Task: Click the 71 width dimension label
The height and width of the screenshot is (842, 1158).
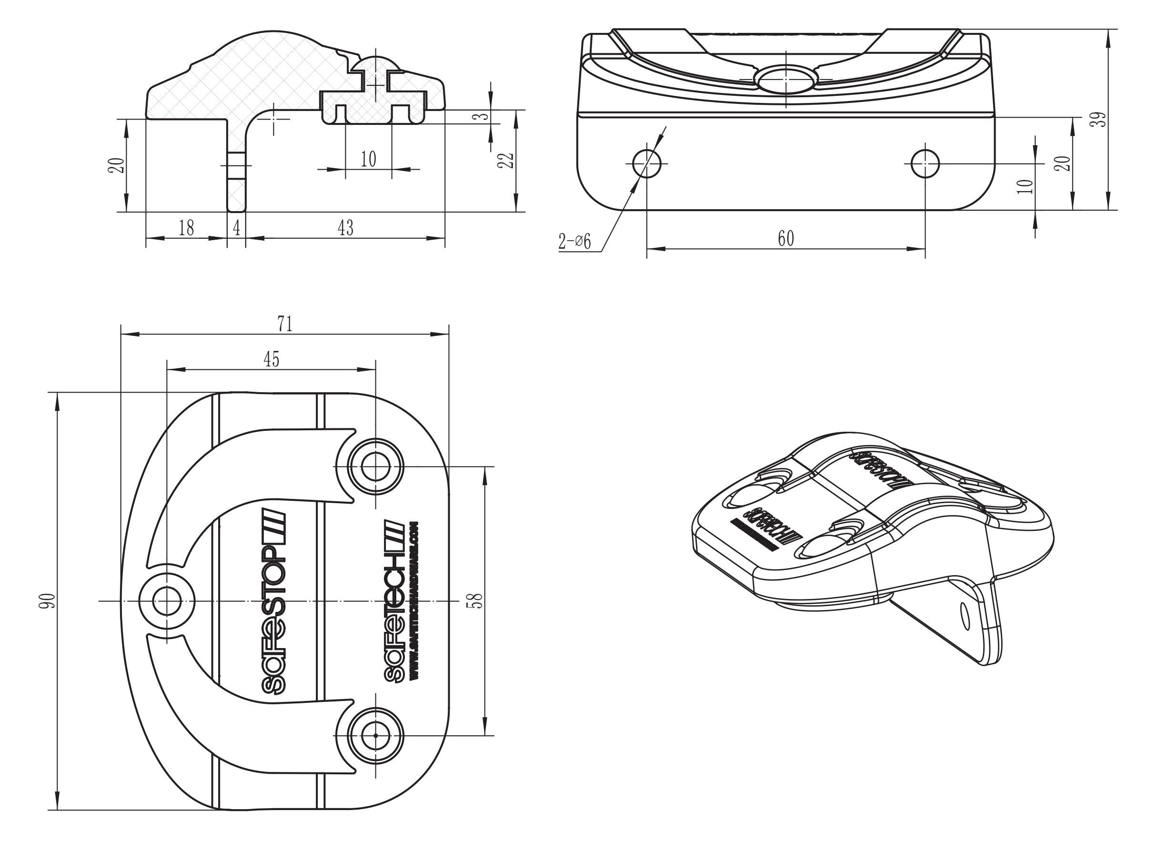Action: pyautogui.click(x=285, y=324)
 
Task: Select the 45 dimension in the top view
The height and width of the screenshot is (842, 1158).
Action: pyautogui.click(x=271, y=359)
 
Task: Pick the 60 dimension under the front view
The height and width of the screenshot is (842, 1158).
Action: pyautogui.click(x=786, y=238)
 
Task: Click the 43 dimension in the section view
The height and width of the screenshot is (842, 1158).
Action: pyautogui.click(x=346, y=228)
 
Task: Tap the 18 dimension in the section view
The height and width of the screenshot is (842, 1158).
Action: pyautogui.click(x=186, y=228)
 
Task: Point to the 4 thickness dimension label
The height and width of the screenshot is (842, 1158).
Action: pyautogui.click(x=236, y=228)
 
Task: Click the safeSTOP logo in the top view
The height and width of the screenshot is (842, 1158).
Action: pyautogui.click(x=274, y=608)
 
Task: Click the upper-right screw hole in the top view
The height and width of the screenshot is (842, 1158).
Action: pyautogui.click(x=375, y=466)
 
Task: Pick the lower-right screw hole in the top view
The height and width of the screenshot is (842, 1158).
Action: pyautogui.click(x=375, y=735)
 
